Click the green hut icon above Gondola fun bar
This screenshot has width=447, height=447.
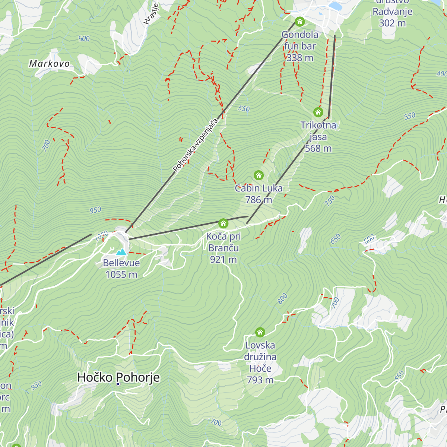[300, 22]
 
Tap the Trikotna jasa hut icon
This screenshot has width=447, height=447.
[318, 112]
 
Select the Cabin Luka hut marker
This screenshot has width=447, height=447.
[259, 175]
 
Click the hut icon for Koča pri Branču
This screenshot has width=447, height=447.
[223, 223]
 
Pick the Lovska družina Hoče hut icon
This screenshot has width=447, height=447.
[260, 332]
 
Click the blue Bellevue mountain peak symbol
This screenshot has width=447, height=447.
[121, 252]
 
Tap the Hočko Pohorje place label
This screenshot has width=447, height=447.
[118, 377]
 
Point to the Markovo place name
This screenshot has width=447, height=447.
[50, 64]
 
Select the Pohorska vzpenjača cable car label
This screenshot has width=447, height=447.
[195, 146]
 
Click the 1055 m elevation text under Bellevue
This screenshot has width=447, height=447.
[121, 275]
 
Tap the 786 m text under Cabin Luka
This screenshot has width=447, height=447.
[259, 200]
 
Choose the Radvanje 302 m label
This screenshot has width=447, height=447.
[393, 17]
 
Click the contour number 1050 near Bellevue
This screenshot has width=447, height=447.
[101, 235]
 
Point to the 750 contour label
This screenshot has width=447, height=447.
[330, 201]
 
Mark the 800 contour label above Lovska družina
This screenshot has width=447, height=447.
[283, 298]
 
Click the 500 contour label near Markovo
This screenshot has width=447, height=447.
[84, 38]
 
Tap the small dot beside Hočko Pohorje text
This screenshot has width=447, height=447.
[118, 384]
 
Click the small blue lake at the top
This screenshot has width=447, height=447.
[335, 6]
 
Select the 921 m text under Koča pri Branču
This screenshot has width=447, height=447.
[223, 260]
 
